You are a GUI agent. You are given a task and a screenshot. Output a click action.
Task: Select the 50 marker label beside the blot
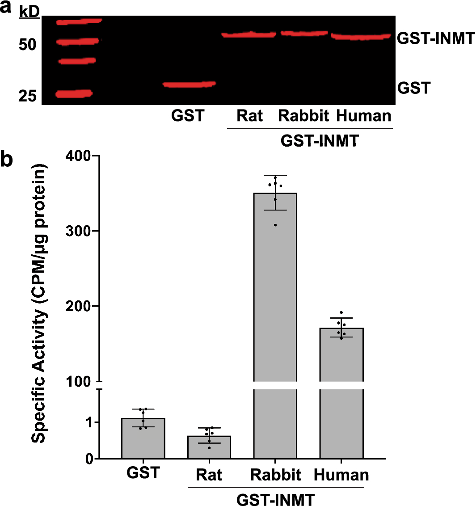(27, 45)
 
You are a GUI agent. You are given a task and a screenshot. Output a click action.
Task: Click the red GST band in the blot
(189, 84)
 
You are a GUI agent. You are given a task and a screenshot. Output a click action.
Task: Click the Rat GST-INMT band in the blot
(249, 34)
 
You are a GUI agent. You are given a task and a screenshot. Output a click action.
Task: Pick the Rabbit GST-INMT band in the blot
(304, 33)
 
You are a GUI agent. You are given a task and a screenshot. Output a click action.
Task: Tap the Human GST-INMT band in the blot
(361, 37)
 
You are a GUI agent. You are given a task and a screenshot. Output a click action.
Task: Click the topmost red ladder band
(80, 21)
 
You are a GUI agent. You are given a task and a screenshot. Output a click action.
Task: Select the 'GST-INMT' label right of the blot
(435, 39)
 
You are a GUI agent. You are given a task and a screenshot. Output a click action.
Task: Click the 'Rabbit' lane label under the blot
(303, 116)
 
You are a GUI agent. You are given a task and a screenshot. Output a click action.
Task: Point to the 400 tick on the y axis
(80, 156)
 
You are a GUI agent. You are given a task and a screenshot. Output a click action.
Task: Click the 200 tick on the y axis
(80, 306)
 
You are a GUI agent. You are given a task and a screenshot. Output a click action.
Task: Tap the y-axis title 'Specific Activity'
(40, 304)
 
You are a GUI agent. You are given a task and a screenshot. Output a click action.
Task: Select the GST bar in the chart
(143, 438)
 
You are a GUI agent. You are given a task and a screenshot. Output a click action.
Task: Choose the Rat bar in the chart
(209, 447)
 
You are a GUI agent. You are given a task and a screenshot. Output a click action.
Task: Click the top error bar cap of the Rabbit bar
(275, 175)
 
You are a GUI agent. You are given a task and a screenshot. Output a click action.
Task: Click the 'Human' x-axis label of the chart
(341, 475)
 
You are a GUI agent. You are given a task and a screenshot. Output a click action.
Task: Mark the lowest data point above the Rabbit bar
(275, 225)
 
